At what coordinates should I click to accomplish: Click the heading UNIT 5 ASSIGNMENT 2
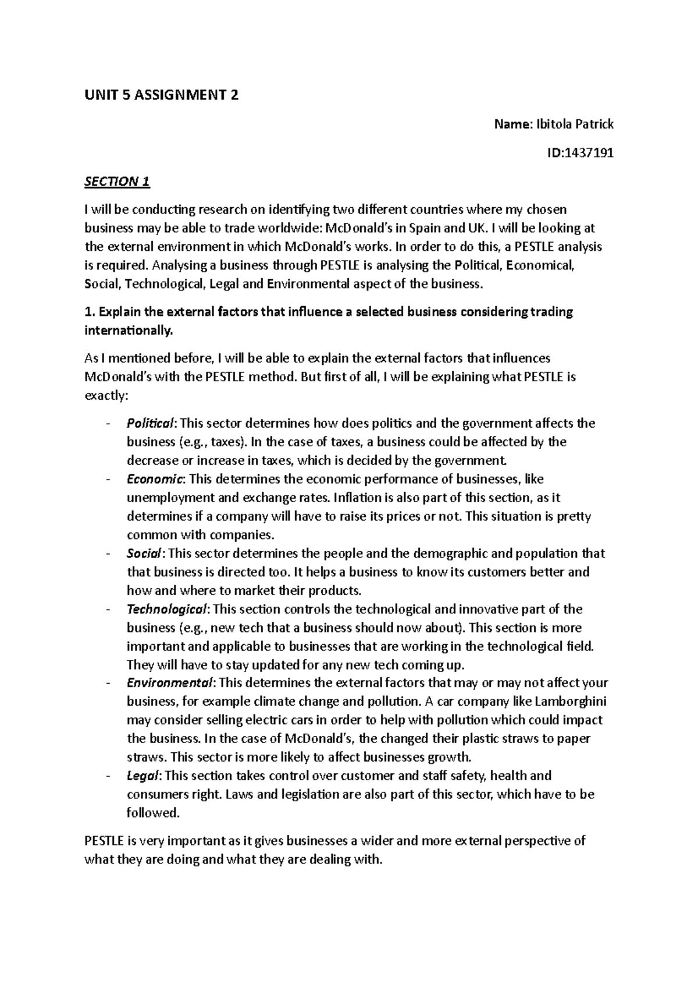pos(161,95)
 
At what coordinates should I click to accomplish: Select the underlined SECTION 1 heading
pos(117,182)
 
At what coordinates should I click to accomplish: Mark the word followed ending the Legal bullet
pos(152,813)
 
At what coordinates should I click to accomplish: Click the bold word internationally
pos(128,331)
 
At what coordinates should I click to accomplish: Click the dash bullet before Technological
pos(108,609)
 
